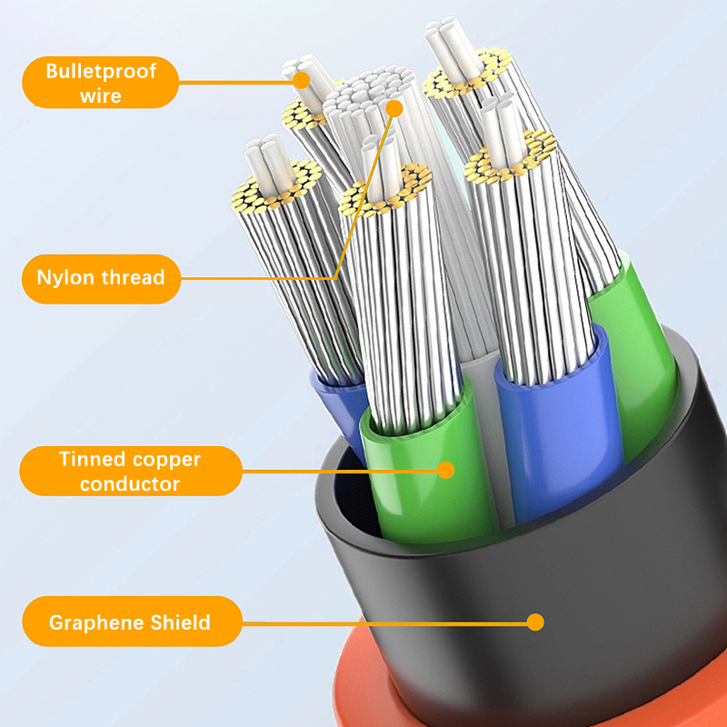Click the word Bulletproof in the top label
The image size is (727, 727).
(x=101, y=72)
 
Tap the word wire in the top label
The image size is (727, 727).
(x=101, y=96)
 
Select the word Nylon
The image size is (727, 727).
(x=65, y=278)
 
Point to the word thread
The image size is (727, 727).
(x=133, y=277)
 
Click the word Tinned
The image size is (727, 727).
(x=93, y=459)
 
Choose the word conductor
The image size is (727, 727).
(x=130, y=484)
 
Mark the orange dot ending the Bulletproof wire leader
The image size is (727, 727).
(x=302, y=80)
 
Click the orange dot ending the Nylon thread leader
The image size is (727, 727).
(x=394, y=108)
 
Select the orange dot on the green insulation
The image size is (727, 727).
(x=446, y=470)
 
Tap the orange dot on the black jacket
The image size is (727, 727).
(x=535, y=622)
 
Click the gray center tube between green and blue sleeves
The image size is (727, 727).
(x=487, y=436)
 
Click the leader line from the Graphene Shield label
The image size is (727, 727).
(x=384, y=623)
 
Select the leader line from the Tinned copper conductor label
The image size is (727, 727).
(x=340, y=471)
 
